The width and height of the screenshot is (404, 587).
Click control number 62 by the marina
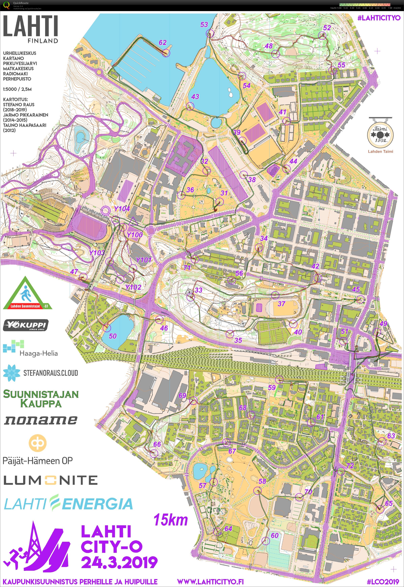click(163, 43)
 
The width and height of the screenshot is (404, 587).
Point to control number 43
click(195, 97)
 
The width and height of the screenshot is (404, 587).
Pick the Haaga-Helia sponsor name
click(39, 353)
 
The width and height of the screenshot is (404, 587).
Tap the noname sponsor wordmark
click(41, 420)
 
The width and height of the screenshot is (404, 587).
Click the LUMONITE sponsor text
click(50, 480)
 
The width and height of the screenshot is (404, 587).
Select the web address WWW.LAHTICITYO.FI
click(210, 581)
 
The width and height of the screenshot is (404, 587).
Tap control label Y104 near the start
click(122, 209)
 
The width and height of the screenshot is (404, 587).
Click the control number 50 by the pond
click(113, 336)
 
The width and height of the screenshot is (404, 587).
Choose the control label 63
click(391, 436)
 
